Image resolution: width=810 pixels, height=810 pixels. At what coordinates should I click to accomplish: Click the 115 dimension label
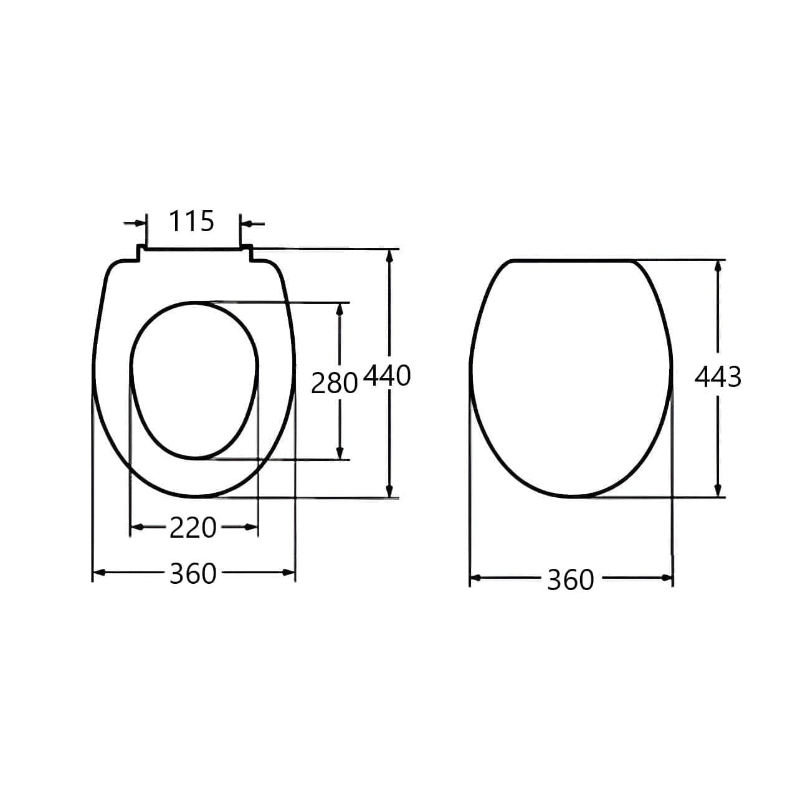point(192,221)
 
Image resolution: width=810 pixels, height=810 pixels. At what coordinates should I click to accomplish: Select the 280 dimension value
point(334,384)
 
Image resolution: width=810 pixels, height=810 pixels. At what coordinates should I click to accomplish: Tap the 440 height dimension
point(387,376)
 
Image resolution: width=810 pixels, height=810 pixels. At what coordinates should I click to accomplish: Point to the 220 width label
point(193,528)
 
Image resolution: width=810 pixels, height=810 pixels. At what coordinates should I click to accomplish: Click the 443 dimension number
point(718,377)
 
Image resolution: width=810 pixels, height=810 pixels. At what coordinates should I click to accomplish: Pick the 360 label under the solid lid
point(571,580)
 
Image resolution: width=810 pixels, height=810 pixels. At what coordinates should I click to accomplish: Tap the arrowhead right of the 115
point(246,224)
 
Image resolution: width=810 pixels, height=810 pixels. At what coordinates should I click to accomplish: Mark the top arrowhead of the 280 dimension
point(340,310)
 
